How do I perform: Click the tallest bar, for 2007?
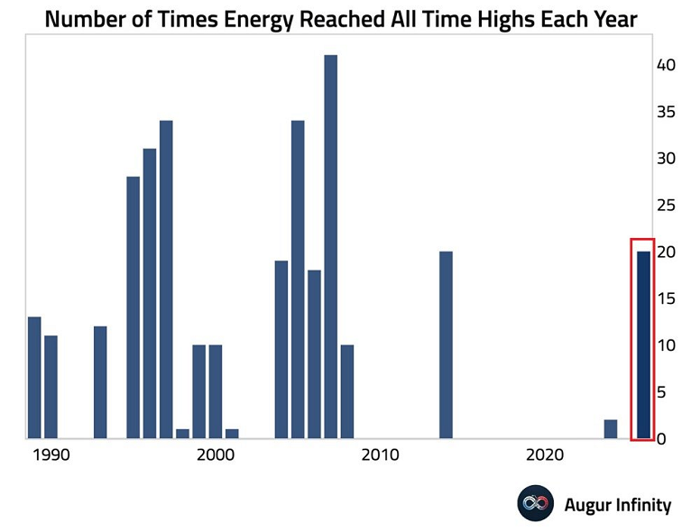pos(330,247)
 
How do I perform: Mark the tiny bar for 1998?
pos(182,434)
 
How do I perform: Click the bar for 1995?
pos(134,307)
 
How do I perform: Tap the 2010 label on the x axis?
pos(380,454)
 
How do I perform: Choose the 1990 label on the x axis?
pos(51,454)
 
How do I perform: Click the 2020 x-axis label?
pos(544,454)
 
